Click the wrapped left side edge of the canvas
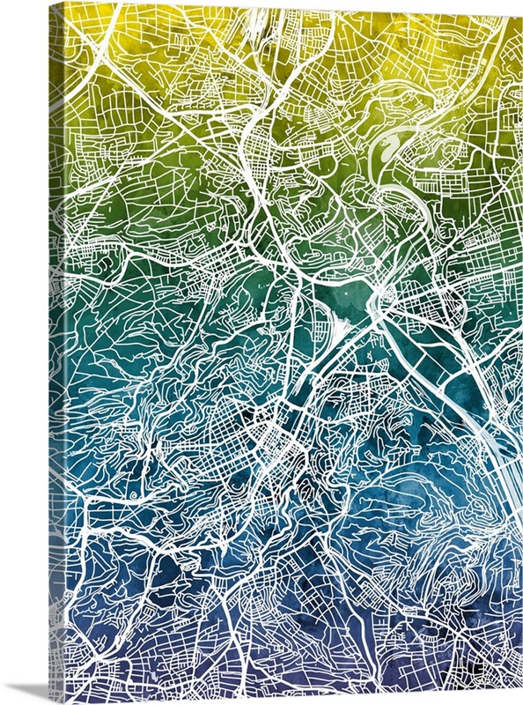click(55, 352)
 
